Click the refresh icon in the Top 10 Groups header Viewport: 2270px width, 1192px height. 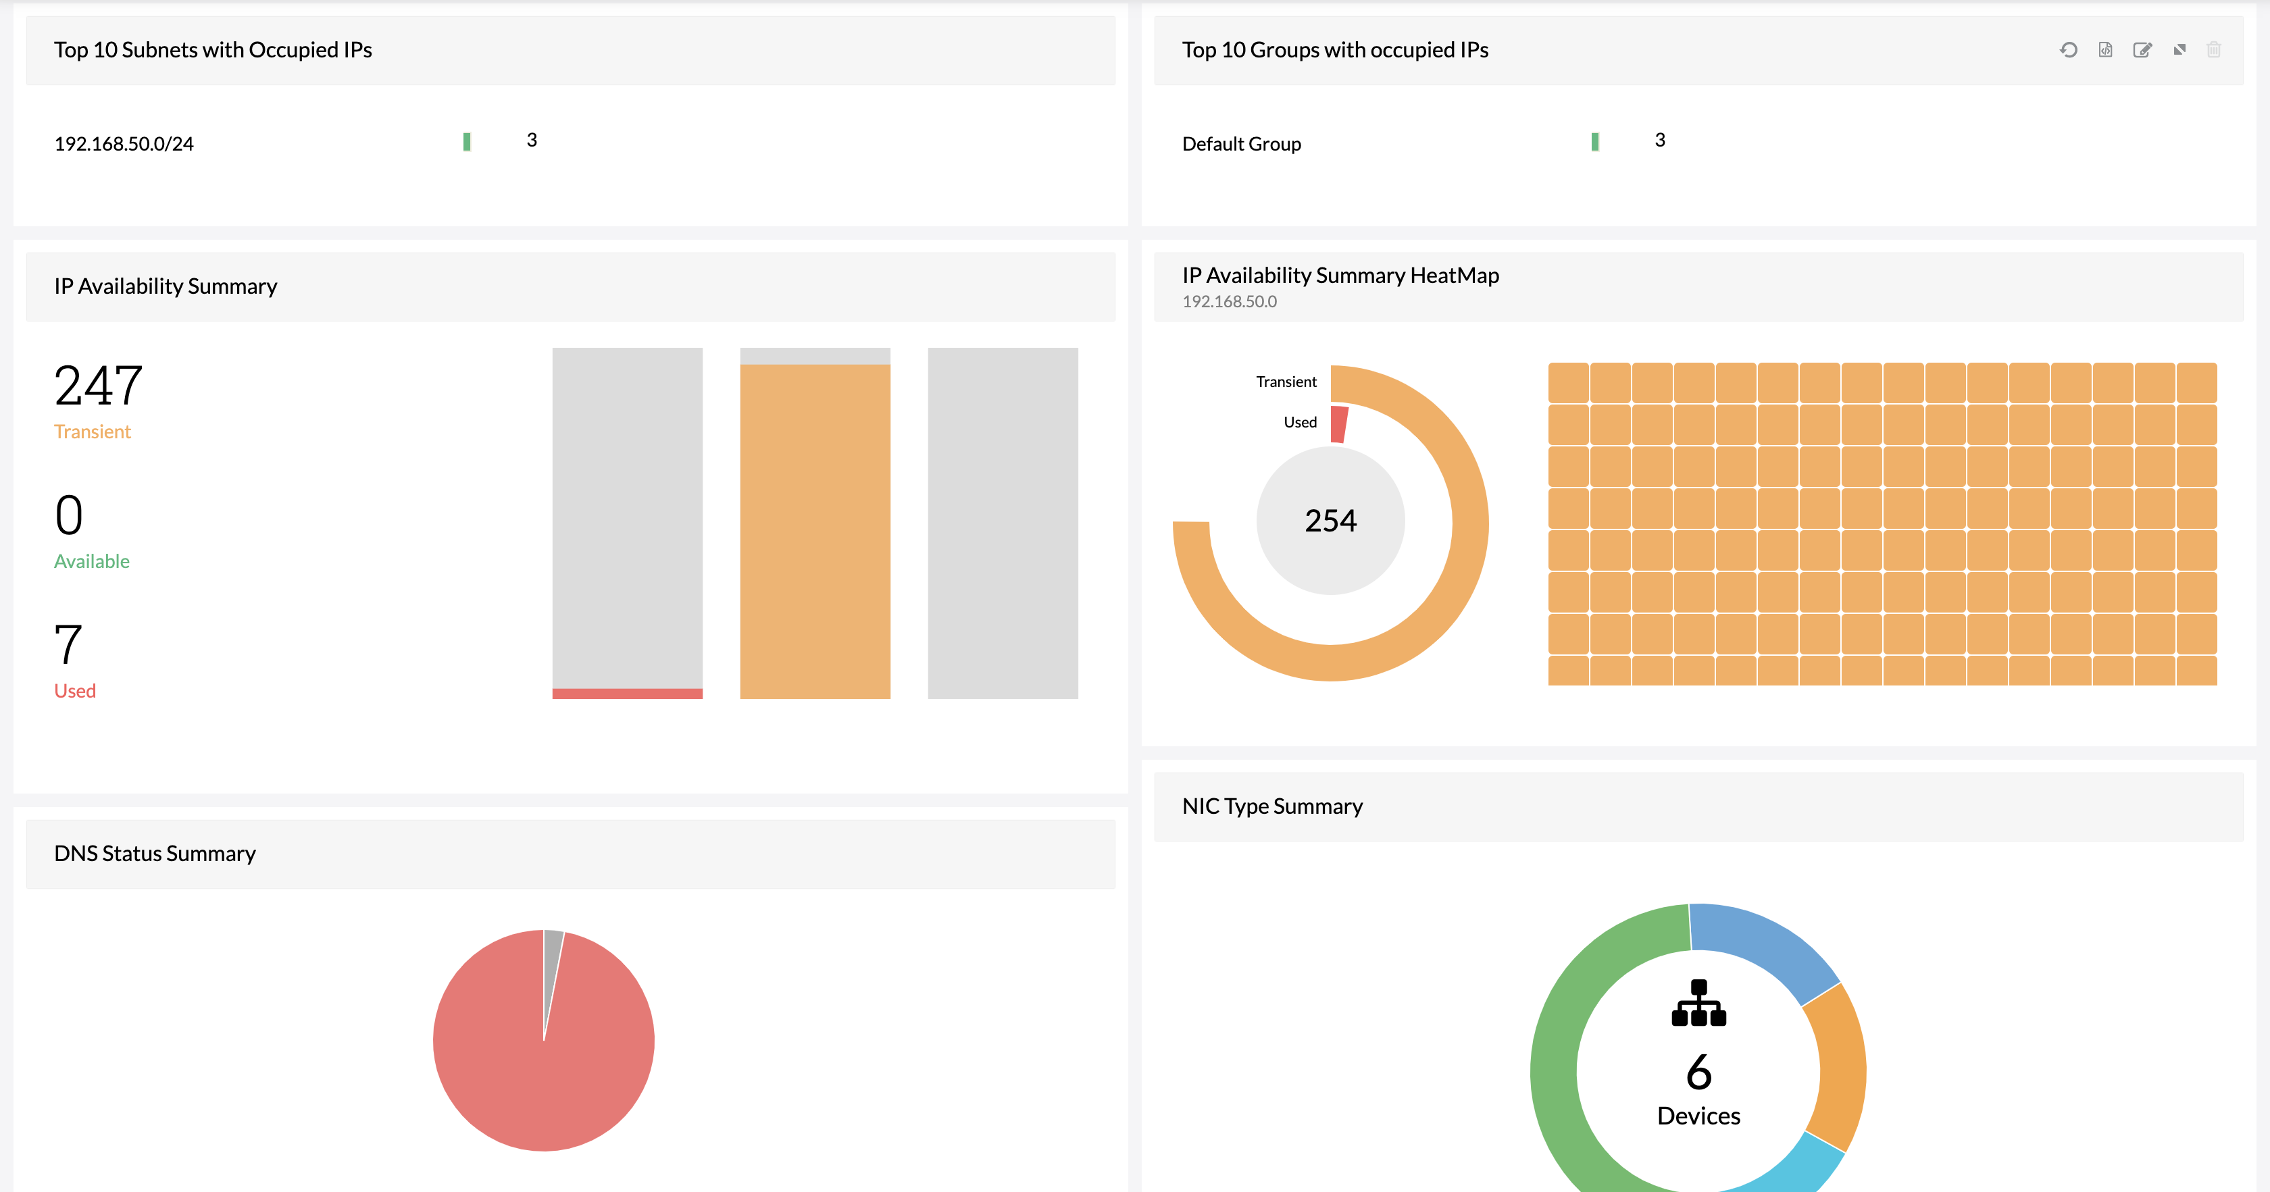point(2068,50)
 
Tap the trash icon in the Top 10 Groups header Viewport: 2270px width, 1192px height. point(2214,50)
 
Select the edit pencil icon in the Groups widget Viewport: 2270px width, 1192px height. point(2142,50)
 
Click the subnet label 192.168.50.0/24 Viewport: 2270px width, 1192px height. point(124,144)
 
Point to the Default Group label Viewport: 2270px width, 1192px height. point(1241,144)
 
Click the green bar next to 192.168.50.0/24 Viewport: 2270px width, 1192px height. point(466,142)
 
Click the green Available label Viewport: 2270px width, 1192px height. point(92,561)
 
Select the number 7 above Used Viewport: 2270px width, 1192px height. point(69,644)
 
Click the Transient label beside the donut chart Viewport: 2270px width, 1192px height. point(1286,382)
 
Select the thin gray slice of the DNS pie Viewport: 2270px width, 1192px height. point(552,952)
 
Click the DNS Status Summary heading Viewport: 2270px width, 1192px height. point(155,854)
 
